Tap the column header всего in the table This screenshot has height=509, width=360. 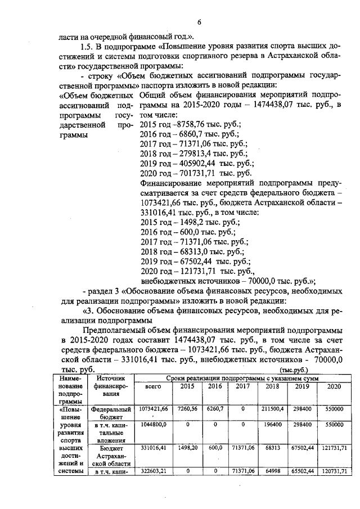coord(154,388)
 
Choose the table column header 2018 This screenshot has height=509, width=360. coord(272,387)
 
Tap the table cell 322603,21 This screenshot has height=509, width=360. coord(154,470)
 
